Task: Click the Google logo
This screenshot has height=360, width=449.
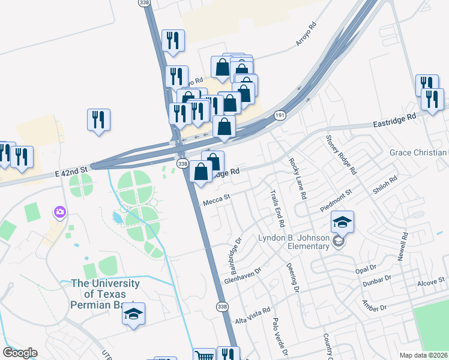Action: pos(20,353)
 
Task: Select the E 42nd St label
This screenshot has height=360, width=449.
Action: pos(71,172)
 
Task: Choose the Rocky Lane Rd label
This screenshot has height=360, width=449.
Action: pos(298,178)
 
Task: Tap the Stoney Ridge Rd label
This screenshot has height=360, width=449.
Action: pos(341,155)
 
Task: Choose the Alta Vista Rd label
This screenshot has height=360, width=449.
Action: pos(253,317)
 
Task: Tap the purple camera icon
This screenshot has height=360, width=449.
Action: pos(59,212)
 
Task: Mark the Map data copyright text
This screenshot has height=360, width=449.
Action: pos(424,355)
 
